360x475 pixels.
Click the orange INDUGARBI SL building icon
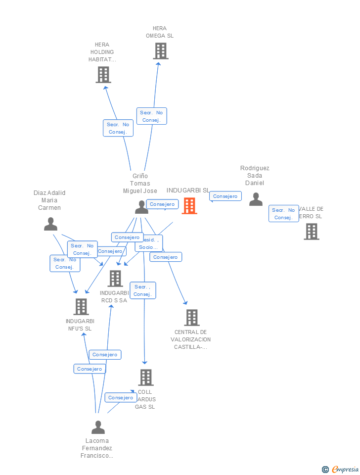point(189,206)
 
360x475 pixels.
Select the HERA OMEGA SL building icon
point(160,51)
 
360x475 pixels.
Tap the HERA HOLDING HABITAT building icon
point(103,75)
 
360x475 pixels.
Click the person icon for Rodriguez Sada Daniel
point(256,199)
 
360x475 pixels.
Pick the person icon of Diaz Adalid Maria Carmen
point(50,224)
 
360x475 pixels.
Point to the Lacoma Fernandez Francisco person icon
point(98,427)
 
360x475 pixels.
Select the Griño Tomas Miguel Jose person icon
point(141,207)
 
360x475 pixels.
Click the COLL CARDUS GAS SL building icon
point(145,378)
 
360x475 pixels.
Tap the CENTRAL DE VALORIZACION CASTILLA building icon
point(191,318)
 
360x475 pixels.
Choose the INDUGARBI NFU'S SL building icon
point(81,307)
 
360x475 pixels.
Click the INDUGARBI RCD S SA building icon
point(115,279)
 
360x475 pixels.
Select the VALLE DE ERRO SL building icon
point(311,232)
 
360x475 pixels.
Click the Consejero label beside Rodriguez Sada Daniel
point(225,196)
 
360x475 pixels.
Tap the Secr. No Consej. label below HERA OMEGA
point(152,116)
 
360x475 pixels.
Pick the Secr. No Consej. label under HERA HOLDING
point(118,128)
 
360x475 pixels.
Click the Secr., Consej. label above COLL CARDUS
point(143,290)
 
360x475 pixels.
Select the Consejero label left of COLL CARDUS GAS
point(120,397)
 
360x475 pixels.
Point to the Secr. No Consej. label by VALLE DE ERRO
point(284,214)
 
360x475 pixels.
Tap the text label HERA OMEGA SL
point(160,32)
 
